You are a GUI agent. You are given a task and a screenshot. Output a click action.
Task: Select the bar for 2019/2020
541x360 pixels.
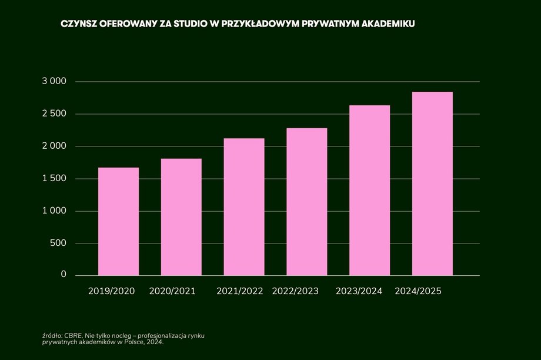tap(118, 221)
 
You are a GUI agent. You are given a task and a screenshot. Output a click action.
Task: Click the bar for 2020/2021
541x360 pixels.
tap(181, 217)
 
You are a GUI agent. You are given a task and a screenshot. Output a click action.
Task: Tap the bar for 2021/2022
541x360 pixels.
tap(244, 206)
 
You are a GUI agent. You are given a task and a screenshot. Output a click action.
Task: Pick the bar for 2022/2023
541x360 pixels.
tap(307, 202)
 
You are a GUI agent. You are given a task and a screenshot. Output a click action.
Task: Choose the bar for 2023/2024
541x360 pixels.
tap(370, 190)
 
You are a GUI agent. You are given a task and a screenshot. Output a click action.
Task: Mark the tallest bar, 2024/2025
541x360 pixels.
tap(432, 184)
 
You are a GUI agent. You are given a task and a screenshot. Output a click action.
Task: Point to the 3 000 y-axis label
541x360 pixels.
tap(55, 81)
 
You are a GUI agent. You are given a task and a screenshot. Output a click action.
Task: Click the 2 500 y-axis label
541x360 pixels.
tap(55, 114)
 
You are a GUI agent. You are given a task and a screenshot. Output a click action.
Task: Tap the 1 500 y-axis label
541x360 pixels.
tap(55, 178)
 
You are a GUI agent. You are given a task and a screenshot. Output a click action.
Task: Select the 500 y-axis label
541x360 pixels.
tap(59, 243)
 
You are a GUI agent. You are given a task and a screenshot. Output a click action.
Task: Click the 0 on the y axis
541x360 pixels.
tap(64, 275)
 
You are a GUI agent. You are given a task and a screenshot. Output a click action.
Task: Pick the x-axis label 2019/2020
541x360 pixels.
tap(112, 291)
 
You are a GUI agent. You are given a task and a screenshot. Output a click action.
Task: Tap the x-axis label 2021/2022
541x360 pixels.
tap(240, 291)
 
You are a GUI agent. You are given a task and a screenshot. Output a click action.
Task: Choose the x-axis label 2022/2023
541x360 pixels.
tap(296, 291)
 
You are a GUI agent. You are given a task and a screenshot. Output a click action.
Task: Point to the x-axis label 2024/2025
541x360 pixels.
tap(418, 291)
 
